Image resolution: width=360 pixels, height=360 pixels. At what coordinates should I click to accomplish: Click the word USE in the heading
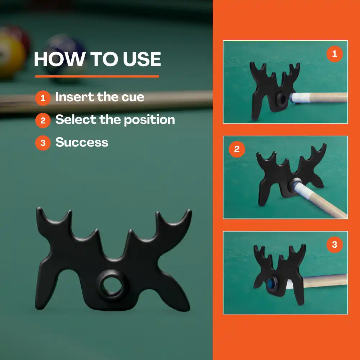(x=141, y=59)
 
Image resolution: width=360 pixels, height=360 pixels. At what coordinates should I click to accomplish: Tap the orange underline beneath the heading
(x=97, y=76)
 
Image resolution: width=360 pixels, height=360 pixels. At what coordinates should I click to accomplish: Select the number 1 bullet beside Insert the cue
(x=43, y=98)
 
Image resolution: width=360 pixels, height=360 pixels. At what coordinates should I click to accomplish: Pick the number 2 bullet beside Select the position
(x=43, y=120)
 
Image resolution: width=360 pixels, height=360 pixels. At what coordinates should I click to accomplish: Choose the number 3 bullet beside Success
(x=43, y=143)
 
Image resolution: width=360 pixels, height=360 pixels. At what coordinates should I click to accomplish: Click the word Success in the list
(x=82, y=142)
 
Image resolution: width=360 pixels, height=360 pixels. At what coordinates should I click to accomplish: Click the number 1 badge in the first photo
(x=334, y=54)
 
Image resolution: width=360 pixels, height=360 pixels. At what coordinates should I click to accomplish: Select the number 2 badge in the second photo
(x=237, y=149)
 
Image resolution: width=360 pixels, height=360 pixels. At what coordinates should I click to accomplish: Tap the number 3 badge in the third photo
(x=334, y=244)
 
